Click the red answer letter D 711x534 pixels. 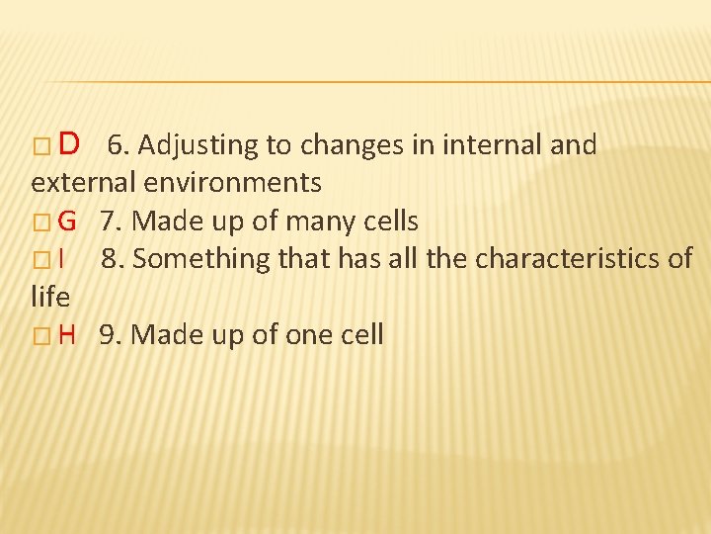coord(69,145)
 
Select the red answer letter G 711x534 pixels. coord(67,221)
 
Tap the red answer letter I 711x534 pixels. coord(61,258)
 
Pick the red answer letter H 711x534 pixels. coord(67,334)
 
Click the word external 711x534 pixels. coord(83,183)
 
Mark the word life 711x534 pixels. coord(50,296)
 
